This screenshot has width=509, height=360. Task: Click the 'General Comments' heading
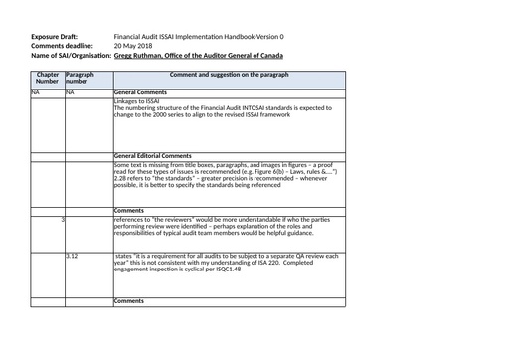[139, 91]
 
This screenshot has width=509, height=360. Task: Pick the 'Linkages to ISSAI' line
[137, 100]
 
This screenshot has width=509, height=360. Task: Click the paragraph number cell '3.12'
[72, 256]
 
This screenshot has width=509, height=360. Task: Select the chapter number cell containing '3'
[63, 218]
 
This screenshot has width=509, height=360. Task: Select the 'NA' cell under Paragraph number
[71, 91]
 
